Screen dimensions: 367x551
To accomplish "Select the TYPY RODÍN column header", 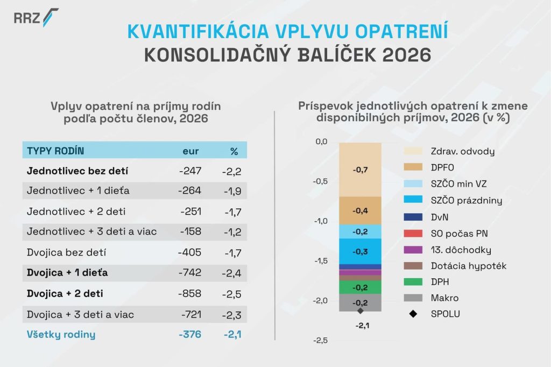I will (55, 151).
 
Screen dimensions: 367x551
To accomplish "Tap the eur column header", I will (191, 151).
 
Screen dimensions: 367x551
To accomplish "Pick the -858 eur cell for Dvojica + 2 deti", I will (190, 294).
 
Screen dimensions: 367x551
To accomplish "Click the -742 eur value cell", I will (190, 273).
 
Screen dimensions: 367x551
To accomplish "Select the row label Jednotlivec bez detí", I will (72, 171).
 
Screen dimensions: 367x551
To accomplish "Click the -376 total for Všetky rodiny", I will (190, 334).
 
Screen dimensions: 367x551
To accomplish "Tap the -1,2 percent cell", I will (231, 232).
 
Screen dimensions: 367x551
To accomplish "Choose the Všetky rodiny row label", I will (61, 334).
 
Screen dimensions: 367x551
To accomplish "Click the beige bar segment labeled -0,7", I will (360, 170).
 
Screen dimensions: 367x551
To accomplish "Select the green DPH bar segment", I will (360, 287).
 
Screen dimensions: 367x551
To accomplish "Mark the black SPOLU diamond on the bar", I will (360, 310).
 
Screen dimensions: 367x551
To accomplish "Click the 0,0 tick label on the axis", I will (321, 142).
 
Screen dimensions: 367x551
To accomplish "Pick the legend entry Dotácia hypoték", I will (468, 265).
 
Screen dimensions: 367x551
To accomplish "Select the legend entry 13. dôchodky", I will (461, 250).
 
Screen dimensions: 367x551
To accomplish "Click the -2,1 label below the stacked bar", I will (360, 325).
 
